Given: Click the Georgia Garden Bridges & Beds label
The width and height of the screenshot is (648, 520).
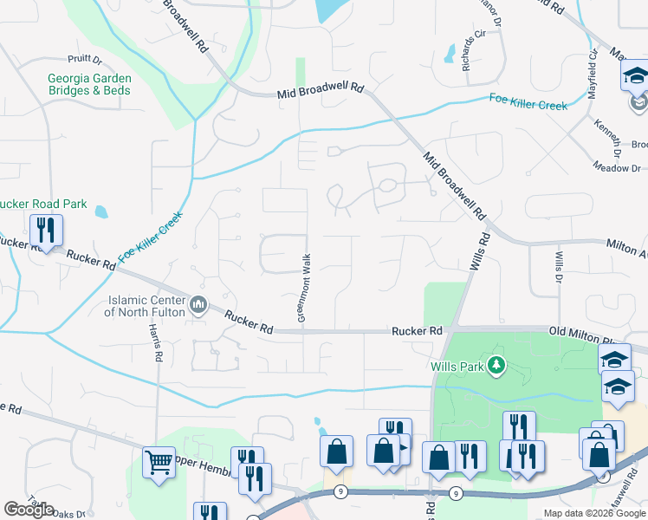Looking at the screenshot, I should coord(88,83).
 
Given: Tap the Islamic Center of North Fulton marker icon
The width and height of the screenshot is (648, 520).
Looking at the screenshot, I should coord(198,303).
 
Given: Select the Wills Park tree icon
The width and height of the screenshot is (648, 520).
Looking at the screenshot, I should coord(496,366).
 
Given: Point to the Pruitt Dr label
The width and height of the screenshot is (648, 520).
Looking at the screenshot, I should coord(86,61).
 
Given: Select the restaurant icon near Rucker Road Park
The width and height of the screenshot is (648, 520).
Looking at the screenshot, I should coord(45,231).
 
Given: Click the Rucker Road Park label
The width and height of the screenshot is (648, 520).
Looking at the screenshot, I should coord(43,204).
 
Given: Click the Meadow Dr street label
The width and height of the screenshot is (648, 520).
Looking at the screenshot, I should coord(617,167).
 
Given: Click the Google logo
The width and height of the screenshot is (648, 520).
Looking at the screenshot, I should coord(29,510).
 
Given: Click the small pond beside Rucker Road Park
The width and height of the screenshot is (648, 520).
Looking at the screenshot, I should coord(101,211).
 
